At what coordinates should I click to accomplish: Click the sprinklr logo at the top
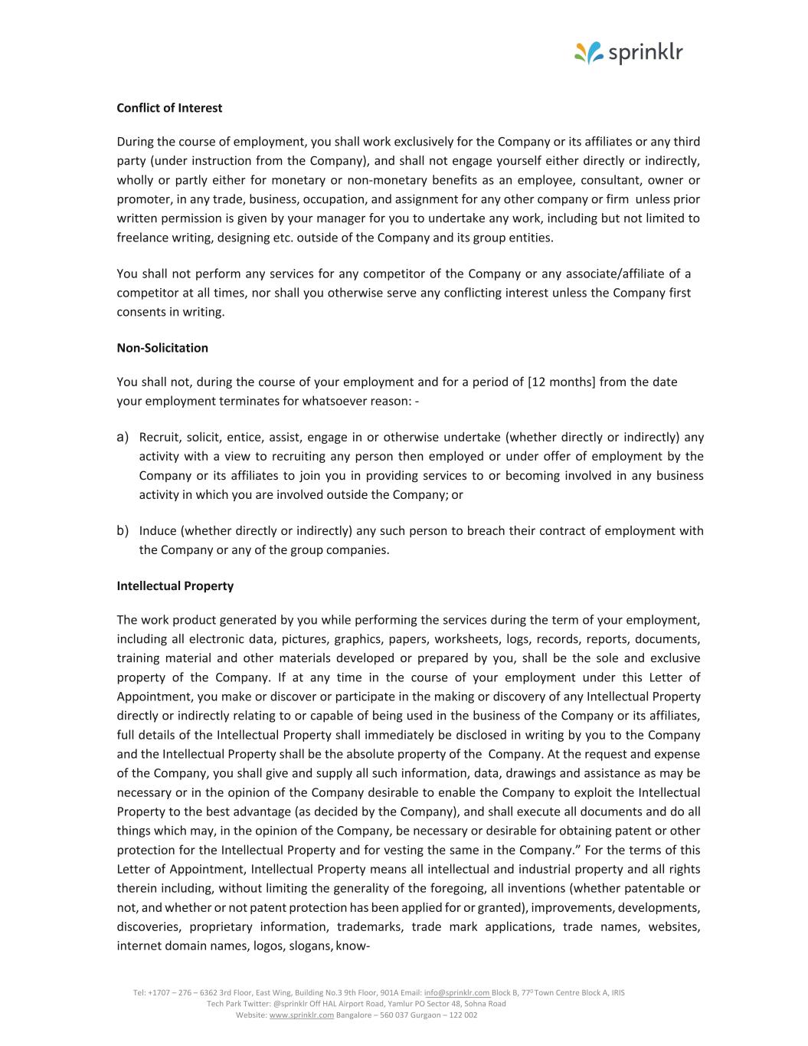click(628, 53)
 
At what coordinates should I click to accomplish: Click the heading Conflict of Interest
click(169, 108)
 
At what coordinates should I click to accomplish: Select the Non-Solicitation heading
click(162, 348)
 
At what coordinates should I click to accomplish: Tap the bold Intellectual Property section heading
click(175, 586)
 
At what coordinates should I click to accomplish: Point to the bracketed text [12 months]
click(561, 382)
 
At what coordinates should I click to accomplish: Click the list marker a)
click(122, 437)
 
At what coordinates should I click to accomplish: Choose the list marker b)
click(122, 530)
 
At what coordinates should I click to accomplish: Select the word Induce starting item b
click(158, 531)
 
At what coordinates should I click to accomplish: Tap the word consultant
click(610, 180)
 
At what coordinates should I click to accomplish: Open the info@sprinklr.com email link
click(456, 992)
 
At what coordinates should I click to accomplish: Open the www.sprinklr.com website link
click(302, 1015)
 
